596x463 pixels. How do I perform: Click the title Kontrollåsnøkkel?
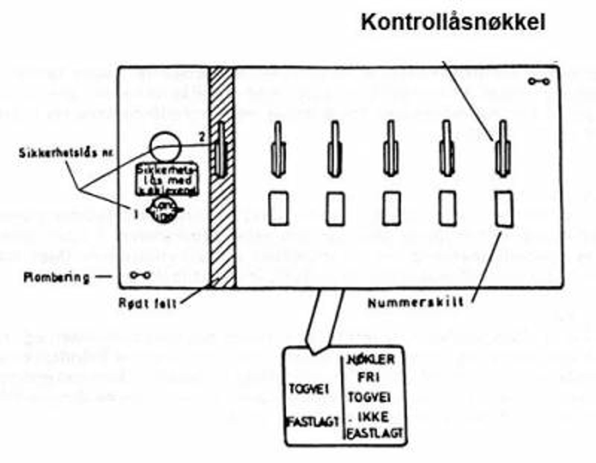point(453,23)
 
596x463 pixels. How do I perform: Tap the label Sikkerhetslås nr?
point(66,153)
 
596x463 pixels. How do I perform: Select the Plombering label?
point(57,278)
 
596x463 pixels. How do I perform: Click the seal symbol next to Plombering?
point(140,275)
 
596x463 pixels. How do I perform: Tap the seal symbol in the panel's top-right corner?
point(539,82)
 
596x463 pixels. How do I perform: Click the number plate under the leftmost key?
point(279,208)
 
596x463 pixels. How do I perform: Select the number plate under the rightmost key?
point(504,208)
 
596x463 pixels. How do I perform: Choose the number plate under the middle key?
point(391,208)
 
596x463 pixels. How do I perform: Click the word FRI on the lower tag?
point(369,377)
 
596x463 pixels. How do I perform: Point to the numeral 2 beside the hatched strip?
point(202,137)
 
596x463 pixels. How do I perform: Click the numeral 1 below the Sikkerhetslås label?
point(136,214)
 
